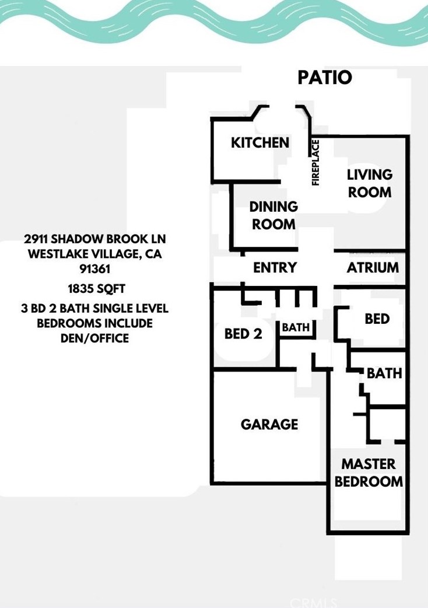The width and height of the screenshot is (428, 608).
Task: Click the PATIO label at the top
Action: pyautogui.click(x=325, y=77)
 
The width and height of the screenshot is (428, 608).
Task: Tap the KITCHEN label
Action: pyautogui.click(x=260, y=142)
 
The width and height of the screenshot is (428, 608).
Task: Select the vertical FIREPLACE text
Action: pyautogui.click(x=316, y=162)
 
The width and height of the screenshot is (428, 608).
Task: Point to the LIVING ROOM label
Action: pyautogui.click(x=370, y=183)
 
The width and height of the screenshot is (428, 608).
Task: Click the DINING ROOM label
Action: pyautogui.click(x=273, y=215)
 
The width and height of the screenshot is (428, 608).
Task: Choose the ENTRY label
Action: pyautogui.click(x=275, y=268)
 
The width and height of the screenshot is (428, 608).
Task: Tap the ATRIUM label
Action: pyautogui.click(x=373, y=268)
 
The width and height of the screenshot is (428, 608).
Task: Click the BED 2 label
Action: pyautogui.click(x=243, y=334)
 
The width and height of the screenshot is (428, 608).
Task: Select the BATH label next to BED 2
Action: pyautogui.click(x=296, y=328)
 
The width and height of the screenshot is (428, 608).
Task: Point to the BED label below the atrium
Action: pyautogui.click(x=377, y=319)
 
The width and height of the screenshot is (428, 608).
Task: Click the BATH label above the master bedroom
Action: pyautogui.click(x=384, y=373)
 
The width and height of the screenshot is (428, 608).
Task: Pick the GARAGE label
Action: pyautogui.click(x=269, y=424)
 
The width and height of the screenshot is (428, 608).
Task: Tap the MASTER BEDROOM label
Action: pyautogui.click(x=369, y=473)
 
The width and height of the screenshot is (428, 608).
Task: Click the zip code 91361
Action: pyautogui.click(x=94, y=270)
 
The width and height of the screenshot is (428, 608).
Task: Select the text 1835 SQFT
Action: pyautogui.click(x=96, y=288)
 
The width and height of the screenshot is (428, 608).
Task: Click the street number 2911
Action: pyautogui.click(x=36, y=239)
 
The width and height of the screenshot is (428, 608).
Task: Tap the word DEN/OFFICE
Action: pyautogui.click(x=94, y=338)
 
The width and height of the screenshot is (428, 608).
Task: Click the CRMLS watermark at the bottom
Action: pyautogui.click(x=314, y=602)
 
